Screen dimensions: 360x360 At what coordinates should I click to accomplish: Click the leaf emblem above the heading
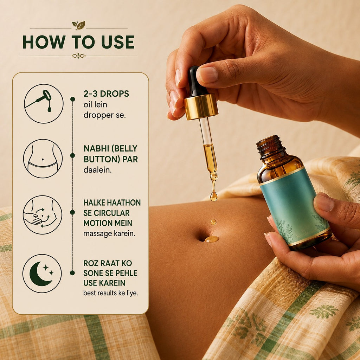tap(78, 25)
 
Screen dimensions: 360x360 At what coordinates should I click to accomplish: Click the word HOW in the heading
tap(44, 42)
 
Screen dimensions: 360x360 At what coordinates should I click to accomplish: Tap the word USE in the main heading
tap(118, 42)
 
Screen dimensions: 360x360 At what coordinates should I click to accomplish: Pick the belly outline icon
tap(43, 159)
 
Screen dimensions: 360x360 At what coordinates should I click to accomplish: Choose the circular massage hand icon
tap(43, 215)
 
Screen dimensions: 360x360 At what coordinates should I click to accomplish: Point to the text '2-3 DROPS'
tap(106, 94)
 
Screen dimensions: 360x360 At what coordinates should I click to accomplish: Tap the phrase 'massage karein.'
tap(109, 234)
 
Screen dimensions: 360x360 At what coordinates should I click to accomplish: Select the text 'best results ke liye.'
tap(110, 293)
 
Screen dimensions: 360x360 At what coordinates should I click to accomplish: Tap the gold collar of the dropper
tap(201, 107)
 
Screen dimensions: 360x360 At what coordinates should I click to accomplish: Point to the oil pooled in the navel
tap(212, 239)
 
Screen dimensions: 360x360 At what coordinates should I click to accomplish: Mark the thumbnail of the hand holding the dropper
tap(208, 75)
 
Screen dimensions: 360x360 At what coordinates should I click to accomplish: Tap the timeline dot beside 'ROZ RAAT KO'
tap(72, 273)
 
